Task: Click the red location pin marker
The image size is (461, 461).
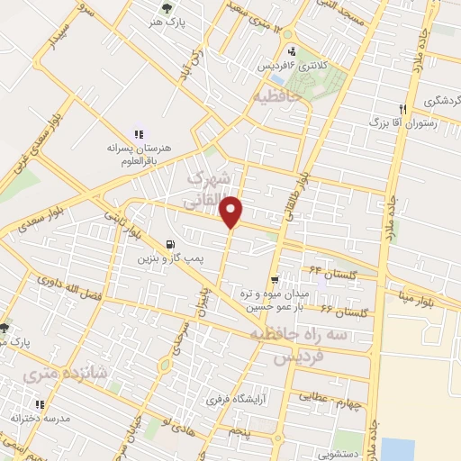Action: [231, 212]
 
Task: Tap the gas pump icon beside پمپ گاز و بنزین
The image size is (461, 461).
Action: [170, 243]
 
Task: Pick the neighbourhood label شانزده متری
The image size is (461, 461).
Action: [53, 373]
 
